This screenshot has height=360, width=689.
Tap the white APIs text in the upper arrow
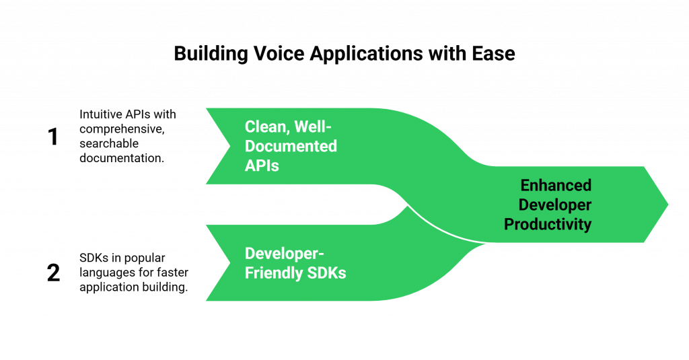(262, 164)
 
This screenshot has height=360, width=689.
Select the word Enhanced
(556, 185)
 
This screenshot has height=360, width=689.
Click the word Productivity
(548, 223)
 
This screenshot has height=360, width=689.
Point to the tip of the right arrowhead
(669, 203)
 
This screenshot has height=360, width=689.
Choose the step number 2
(54, 273)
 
